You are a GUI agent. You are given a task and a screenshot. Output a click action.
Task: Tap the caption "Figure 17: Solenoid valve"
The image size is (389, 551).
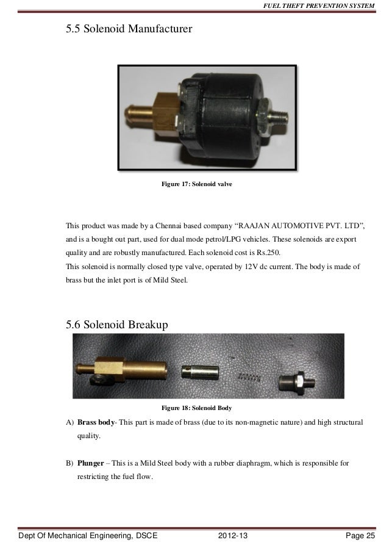point(195,184)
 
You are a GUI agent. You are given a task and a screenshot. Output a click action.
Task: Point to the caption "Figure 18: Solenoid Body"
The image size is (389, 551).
point(195,407)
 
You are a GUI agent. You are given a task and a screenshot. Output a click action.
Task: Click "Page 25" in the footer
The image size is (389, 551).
point(360,536)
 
